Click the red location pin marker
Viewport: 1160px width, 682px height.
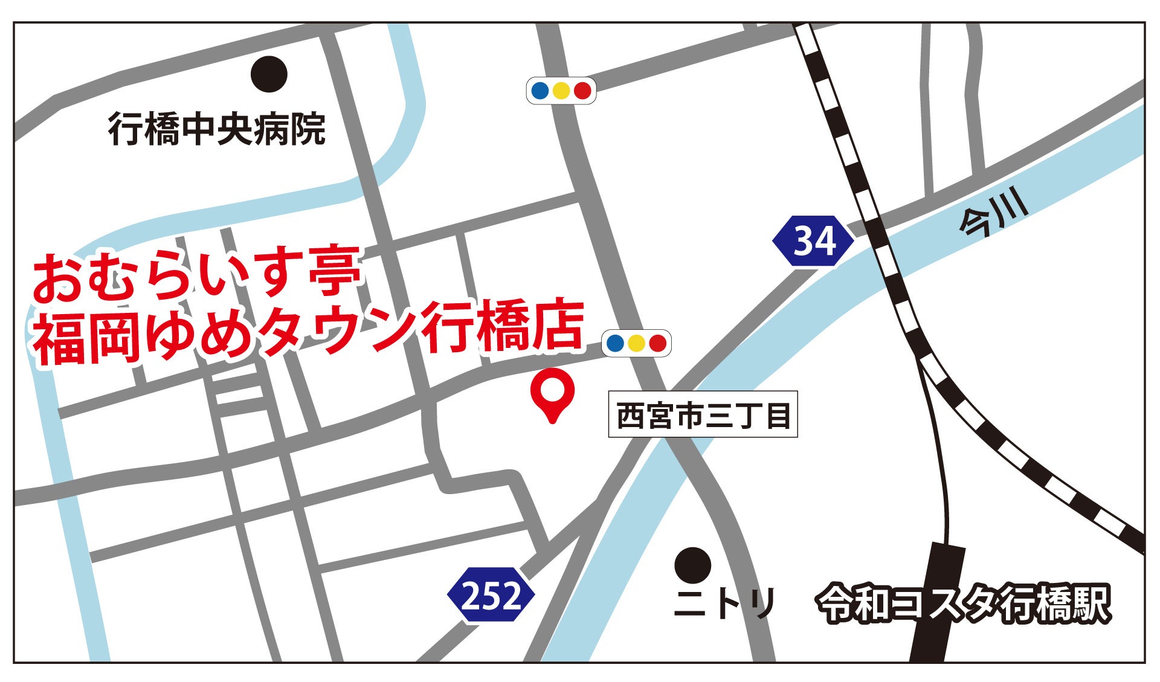[552, 391]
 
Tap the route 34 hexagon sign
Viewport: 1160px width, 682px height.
[813, 240]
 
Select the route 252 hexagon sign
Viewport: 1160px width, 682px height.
[491, 595]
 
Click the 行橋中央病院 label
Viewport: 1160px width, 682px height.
[217, 129]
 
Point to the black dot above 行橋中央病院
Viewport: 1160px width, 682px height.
[269, 74]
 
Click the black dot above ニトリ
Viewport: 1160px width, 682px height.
[692, 565]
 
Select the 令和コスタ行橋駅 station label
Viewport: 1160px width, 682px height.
[963, 603]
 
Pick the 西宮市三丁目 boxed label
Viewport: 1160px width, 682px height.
[703, 416]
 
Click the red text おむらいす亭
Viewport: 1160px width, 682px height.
[196, 275]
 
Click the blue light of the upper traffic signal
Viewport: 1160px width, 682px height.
[540, 91]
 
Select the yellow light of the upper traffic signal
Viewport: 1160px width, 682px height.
[561, 91]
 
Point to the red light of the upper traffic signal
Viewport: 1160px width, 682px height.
[582, 91]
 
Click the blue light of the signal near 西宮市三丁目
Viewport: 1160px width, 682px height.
[614, 343]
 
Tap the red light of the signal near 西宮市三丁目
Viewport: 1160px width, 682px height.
[657, 343]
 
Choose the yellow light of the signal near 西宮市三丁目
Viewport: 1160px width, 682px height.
[636, 343]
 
